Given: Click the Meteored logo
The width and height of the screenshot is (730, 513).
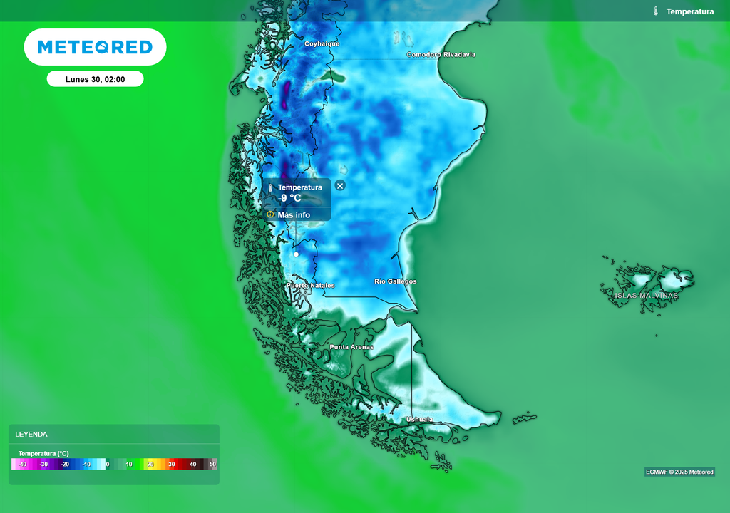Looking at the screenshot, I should pos(95,47).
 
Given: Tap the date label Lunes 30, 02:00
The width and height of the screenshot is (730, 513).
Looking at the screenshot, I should pos(95,79).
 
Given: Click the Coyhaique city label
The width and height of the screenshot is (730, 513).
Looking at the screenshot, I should pos(322,44).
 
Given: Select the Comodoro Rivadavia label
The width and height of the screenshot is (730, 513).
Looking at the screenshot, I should pos(441,55).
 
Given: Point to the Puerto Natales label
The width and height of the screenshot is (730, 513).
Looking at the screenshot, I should pos(310,286).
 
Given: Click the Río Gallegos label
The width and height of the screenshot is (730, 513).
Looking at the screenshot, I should pos(395,282).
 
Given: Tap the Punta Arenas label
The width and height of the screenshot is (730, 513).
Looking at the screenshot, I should pos(351,347).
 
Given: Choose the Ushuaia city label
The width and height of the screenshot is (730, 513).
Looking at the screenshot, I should pos(419,420).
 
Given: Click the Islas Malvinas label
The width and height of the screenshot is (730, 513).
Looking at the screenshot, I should pos(647,296).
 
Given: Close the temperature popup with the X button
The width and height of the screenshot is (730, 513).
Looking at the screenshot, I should pos(340,185).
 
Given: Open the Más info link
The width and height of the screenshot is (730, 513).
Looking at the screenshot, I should pos(294,214).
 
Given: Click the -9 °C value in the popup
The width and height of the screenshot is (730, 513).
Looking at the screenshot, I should pos(289,198).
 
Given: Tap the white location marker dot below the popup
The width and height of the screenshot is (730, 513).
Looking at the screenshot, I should pos(296,254).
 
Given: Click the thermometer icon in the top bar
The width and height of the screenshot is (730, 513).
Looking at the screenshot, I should pos(655,11).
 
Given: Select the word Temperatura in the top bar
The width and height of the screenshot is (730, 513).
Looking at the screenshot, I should pos(689,11).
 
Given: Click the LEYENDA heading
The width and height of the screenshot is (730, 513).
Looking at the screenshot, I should pos(31,434).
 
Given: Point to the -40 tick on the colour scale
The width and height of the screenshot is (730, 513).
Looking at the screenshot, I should pos(22,464).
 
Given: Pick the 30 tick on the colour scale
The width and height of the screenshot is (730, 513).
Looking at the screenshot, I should pos(171,464).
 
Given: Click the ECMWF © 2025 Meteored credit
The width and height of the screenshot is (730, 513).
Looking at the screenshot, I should pos(679,472).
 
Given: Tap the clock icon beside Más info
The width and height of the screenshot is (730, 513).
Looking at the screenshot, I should pos(271,214).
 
